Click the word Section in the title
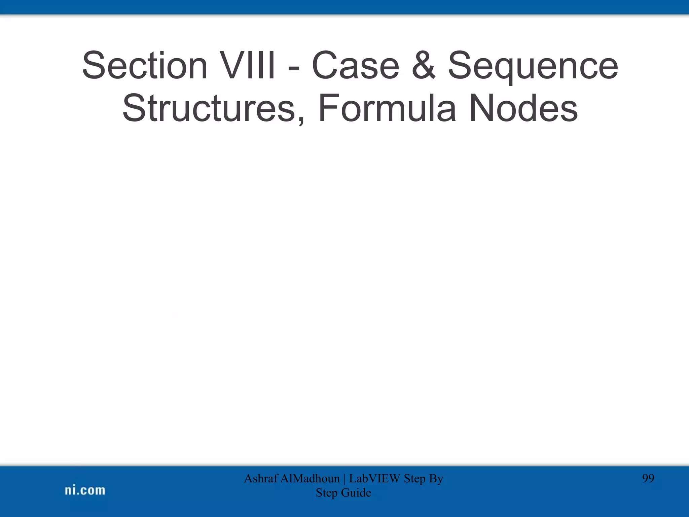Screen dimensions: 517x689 [145, 65]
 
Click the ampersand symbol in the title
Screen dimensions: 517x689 [423, 65]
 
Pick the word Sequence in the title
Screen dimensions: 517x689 [533, 67]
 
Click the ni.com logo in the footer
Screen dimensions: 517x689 [85, 490]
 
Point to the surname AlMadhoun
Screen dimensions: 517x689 [310, 478]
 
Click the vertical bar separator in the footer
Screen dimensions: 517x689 [345, 479]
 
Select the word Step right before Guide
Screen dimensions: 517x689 [327, 493]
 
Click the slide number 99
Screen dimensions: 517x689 [648, 478]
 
